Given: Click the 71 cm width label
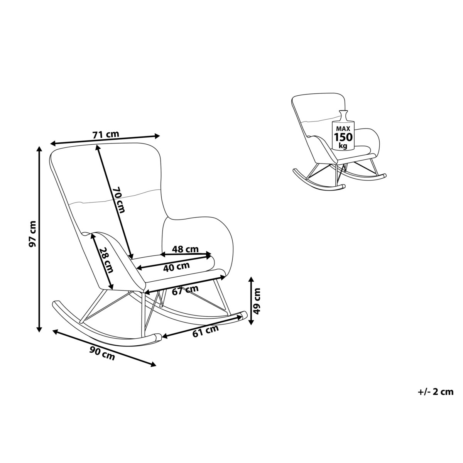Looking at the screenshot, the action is pyautogui.click(x=106, y=134).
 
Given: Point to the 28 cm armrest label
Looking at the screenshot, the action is pyautogui.click(x=106, y=260).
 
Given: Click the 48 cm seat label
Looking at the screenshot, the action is pyautogui.click(x=185, y=249).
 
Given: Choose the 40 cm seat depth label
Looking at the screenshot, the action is pyautogui.click(x=176, y=267).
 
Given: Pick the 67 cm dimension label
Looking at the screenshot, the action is pyautogui.click(x=185, y=290).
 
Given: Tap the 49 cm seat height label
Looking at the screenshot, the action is pyautogui.click(x=257, y=301).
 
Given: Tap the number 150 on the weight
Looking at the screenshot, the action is pyautogui.click(x=343, y=137).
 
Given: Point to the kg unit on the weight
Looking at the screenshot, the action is pyautogui.click(x=343, y=145).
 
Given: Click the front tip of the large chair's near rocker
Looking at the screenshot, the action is pyautogui.click(x=159, y=336).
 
